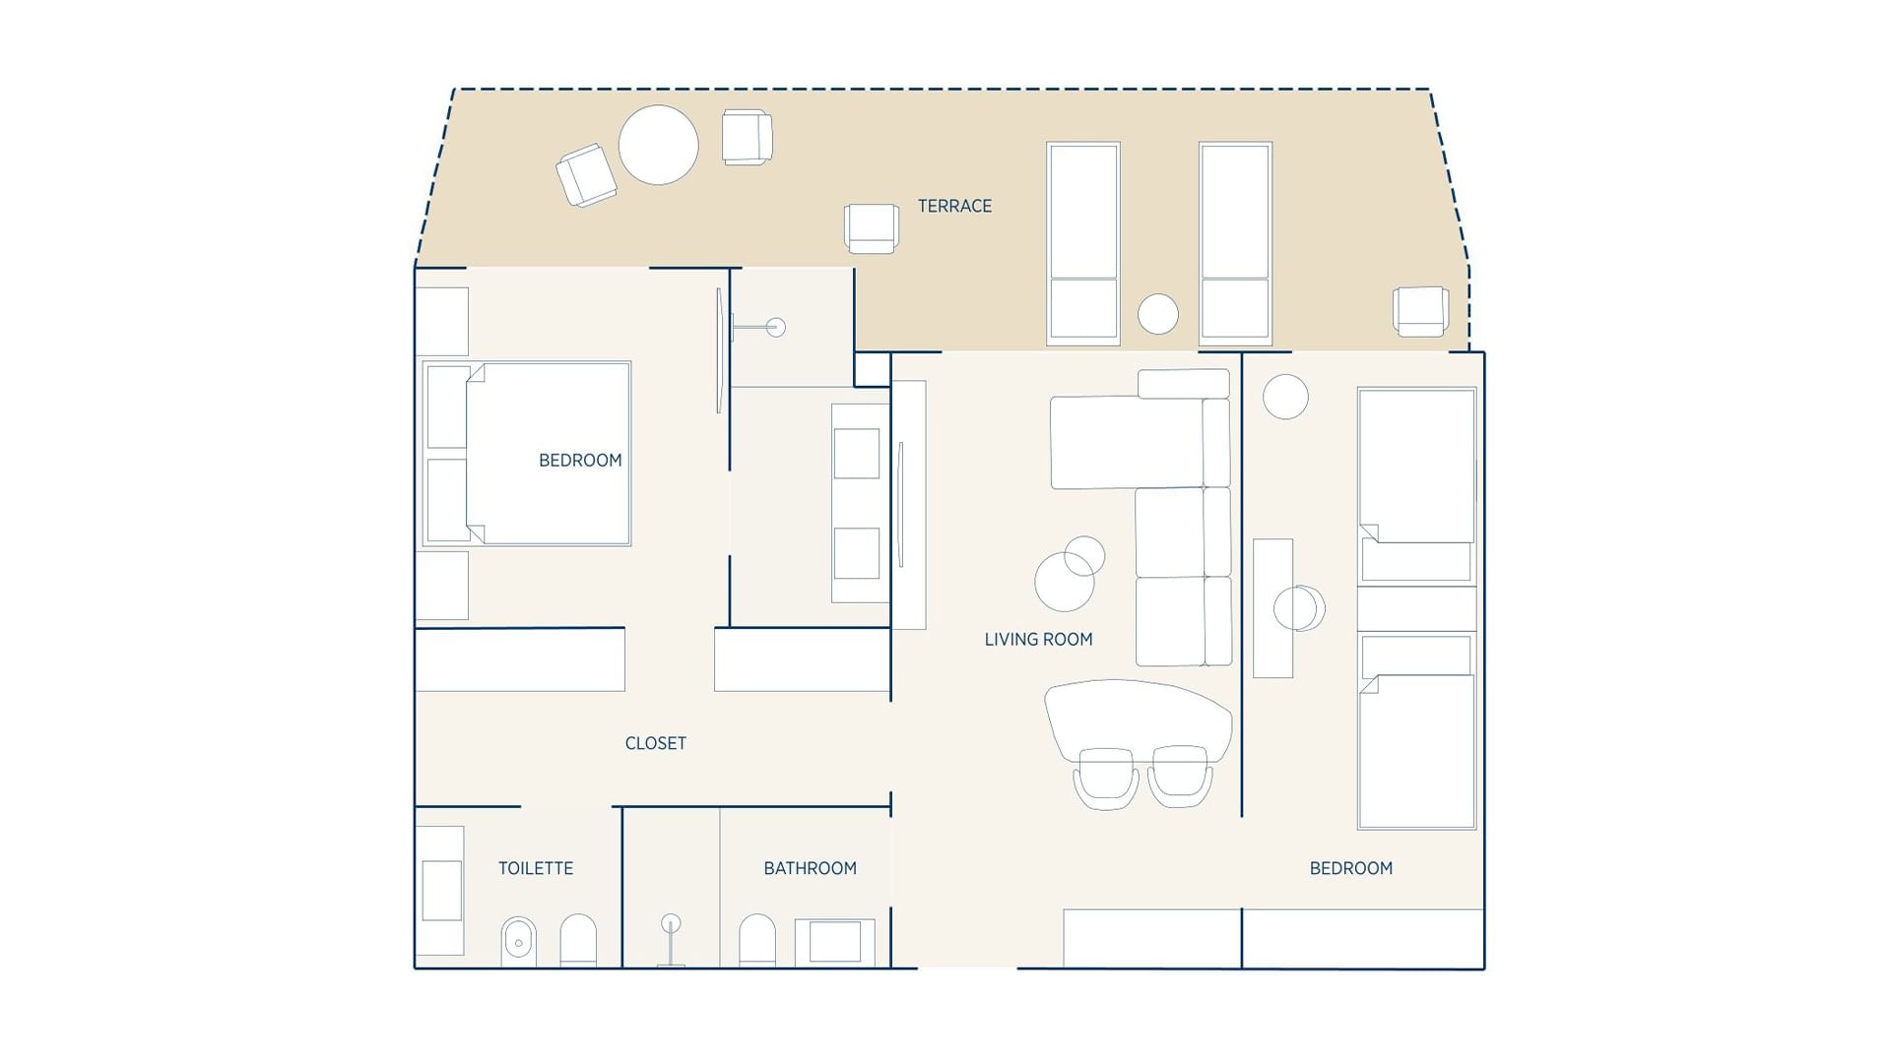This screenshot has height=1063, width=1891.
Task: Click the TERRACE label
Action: [x=954, y=206]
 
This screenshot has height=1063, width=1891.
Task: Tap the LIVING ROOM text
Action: [x=1038, y=639]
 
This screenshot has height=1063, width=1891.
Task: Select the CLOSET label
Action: [x=655, y=743]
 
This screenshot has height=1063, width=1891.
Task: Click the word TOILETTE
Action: [x=535, y=868]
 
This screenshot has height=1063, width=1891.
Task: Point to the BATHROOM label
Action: [x=810, y=868]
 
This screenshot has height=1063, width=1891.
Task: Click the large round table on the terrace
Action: [x=658, y=145]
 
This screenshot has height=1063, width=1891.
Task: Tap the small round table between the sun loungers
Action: [x=1157, y=314]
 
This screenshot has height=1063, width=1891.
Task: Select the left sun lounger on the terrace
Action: [x=1082, y=243]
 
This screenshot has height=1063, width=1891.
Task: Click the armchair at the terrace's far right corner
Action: [x=1419, y=311]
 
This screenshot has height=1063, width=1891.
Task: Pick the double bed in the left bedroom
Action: [x=547, y=453]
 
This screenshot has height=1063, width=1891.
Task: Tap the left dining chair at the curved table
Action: [x=1106, y=778]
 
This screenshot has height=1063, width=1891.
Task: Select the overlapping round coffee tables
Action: [x=1069, y=574]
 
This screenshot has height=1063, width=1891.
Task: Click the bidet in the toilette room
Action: [x=518, y=942]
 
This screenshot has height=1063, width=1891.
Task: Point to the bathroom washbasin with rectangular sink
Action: [x=834, y=942]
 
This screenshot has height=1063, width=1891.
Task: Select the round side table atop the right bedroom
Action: [x=1285, y=397]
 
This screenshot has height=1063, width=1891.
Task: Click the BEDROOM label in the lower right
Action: [x=1350, y=868]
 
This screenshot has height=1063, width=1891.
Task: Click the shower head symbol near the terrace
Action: [x=775, y=327]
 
